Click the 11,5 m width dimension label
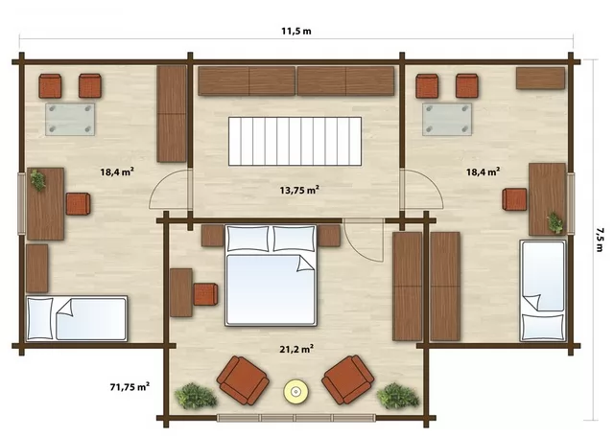(296, 32)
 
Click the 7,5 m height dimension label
(599, 240)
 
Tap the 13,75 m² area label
(299, 190)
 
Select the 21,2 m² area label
(296, 349)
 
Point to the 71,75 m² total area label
(130, 387)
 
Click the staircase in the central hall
(295, 141)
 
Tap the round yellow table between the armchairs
(295, 391)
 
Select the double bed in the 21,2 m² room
(271, 275)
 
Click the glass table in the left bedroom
(70, 119)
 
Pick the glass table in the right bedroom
(447, 119)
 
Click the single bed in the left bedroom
(77, 318)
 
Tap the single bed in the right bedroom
(543, 290)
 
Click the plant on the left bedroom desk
(38, 180)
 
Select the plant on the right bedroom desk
(555, 223)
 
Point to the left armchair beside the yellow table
(243, 380)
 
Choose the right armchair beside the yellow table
(347, 379)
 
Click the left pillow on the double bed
(248, 239)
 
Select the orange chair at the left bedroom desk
(78, 204)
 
